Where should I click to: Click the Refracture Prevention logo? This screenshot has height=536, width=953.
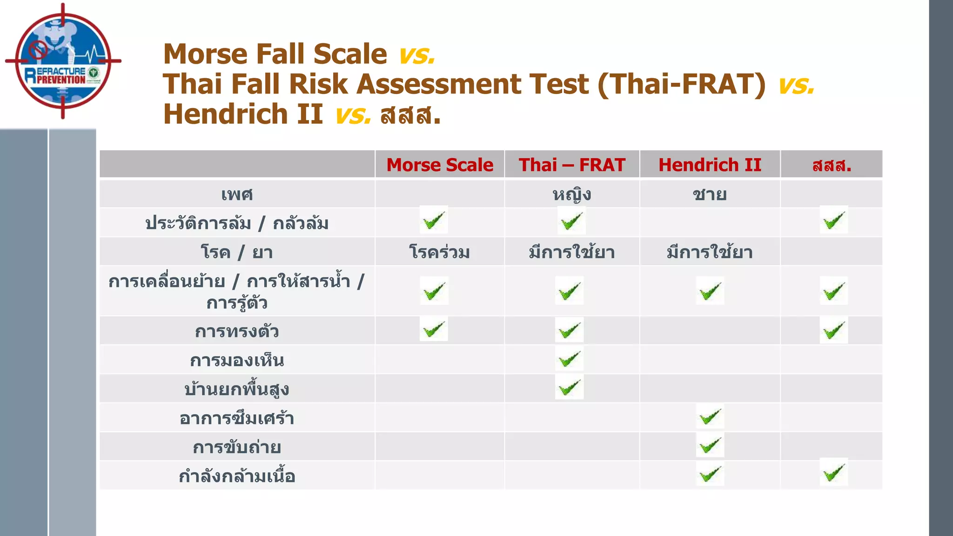(x=63, y=61)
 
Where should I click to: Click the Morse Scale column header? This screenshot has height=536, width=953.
(x=440, y=165)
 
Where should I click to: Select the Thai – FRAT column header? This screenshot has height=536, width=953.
(x=572, y=165)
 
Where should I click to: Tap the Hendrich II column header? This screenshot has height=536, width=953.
(x=710, y=165)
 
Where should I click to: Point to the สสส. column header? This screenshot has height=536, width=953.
(x=832, y=165)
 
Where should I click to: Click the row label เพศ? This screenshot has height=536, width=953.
(x=237, y=194)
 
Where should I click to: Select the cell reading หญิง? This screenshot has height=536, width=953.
(x=572, y=194)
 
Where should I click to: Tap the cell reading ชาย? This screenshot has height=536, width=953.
(x=710, y=194)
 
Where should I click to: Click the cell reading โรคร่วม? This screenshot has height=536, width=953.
(x=440, y=252)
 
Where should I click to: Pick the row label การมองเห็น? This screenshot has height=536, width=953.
(x=237, y=360)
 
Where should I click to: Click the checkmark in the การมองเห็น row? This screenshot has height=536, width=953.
(x=569, y=359)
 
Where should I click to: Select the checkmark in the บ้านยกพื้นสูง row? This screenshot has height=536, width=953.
(x=569, y=387)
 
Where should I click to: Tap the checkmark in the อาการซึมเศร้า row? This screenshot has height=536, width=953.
(x=710, y=416)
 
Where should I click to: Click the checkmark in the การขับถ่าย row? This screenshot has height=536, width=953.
(x=710, y=445)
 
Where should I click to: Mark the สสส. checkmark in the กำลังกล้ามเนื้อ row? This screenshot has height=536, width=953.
(x=833, y=473)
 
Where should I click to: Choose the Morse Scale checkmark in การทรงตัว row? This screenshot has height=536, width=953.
(x=434, y=329)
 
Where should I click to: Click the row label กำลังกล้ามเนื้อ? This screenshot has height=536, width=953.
(x=237, y=476)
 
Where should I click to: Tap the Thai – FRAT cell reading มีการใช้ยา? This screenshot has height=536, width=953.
(x=572, y=252)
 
